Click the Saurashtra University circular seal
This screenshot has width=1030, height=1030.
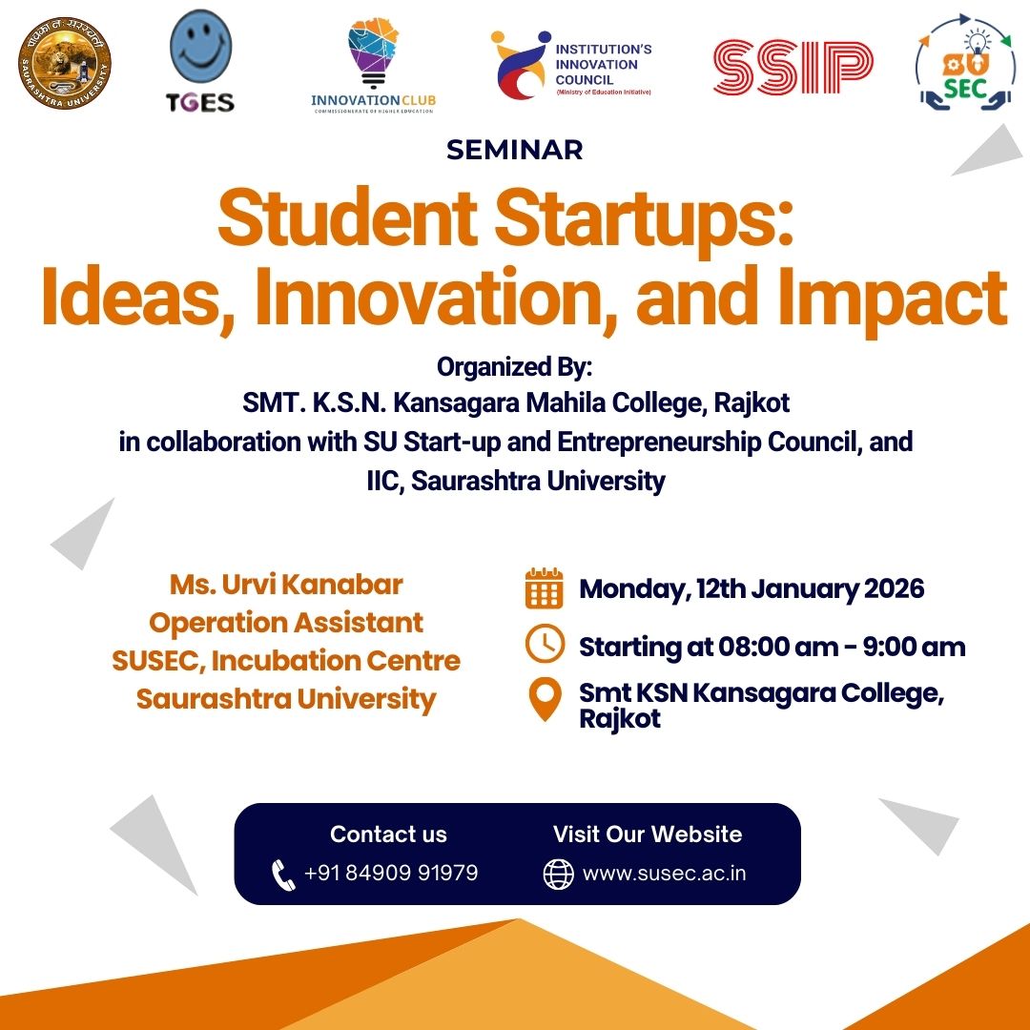(x=65, y=63)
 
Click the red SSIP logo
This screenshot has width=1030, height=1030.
(x=793, y=67)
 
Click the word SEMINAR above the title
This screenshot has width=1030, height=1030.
(x=514, y=150)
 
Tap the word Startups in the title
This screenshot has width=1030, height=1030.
(x=644, y=217)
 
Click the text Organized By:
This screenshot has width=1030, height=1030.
(x=514, y=367)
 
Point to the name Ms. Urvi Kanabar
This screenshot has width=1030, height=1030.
(x=286, y=585)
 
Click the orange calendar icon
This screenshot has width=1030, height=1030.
(x=544, y=587)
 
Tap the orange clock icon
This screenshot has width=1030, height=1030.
(x=545, y=643)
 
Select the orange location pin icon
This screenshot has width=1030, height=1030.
(x=546, y=700)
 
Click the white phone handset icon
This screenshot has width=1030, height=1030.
(x=283, y=875)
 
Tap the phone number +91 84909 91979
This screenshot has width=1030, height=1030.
(x=391, y=873)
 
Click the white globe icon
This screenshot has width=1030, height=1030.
(x=558, y=875)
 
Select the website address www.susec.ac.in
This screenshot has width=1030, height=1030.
(x=664, y=874)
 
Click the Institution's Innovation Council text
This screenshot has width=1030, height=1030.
(x=603, y=65)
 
